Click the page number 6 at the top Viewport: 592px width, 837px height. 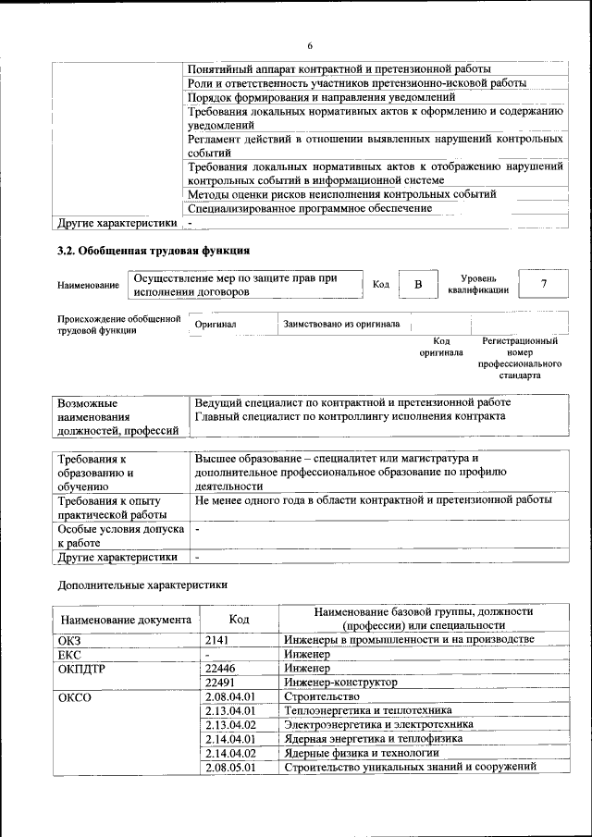(x=310, y=45)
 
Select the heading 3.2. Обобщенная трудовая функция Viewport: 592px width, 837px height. (x=153, y=250)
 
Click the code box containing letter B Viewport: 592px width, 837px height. (x=418, y=284)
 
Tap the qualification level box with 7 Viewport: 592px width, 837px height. (x=544, y=284)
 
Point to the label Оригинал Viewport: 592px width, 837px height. (x=216, y=326)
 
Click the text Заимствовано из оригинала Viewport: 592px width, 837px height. (x=341, y=326)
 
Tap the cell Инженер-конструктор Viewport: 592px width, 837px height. (x=340, y=682)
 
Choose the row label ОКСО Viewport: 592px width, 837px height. (x=75, y=696)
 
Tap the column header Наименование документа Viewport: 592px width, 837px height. (x=126, y=619)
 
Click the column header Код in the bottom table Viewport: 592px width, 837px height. (x=239, y=619)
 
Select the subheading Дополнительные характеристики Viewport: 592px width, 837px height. (x=142, y=585)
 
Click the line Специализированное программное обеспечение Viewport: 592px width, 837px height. (x=309, y=209)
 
